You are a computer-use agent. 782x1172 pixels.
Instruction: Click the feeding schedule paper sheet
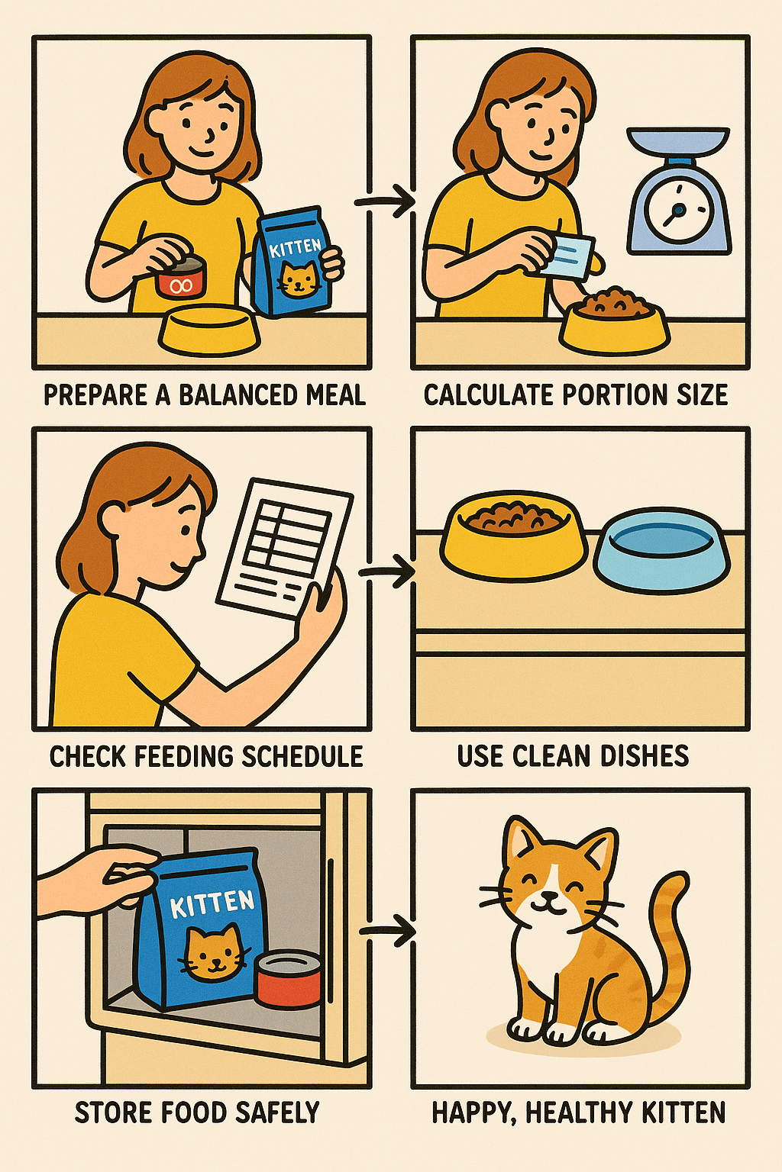[x=285, y=546]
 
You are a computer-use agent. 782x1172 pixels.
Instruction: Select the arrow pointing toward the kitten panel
[x=387, y=931]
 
